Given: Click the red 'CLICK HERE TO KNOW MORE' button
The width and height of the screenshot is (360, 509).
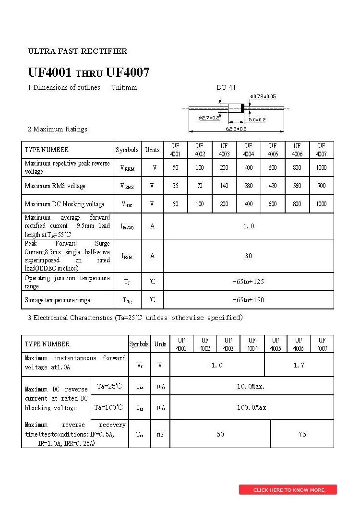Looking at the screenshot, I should coord(288,490).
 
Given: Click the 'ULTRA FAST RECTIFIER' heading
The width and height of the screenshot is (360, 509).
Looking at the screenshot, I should coord(78,51).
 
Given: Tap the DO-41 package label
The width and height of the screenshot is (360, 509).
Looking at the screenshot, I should coord(226,88).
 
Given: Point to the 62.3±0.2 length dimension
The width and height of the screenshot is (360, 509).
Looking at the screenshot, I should coord(236,129).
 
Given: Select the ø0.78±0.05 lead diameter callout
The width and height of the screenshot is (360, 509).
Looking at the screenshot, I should coord(264,97).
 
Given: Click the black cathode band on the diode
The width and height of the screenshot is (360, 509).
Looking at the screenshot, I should coord(243,108).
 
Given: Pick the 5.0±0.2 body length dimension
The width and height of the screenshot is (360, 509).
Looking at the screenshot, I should coord(257,119).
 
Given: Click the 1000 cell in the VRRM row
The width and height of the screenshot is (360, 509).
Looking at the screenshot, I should coord(321,167).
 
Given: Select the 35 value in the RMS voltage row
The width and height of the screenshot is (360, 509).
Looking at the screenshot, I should coord(175,186).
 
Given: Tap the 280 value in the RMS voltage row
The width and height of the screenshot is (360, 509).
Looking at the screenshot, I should coord(248,186).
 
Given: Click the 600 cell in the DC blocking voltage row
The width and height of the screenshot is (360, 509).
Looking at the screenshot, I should coord(273,204).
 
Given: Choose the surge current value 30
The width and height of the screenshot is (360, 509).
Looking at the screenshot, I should coord(248,256).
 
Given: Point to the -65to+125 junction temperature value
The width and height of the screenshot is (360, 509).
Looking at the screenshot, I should coord(248,282).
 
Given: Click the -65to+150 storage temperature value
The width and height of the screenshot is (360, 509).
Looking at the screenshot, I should coord(248,300).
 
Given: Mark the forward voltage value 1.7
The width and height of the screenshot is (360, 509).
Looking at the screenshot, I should coord(299,366).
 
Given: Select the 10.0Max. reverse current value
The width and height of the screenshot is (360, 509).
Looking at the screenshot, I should coord(251,386).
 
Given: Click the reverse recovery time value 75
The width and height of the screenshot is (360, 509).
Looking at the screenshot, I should coord(302,434).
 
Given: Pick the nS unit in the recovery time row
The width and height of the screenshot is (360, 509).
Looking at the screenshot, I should coord(160,434).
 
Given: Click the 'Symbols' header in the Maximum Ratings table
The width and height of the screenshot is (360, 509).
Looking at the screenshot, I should coord(127,150).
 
